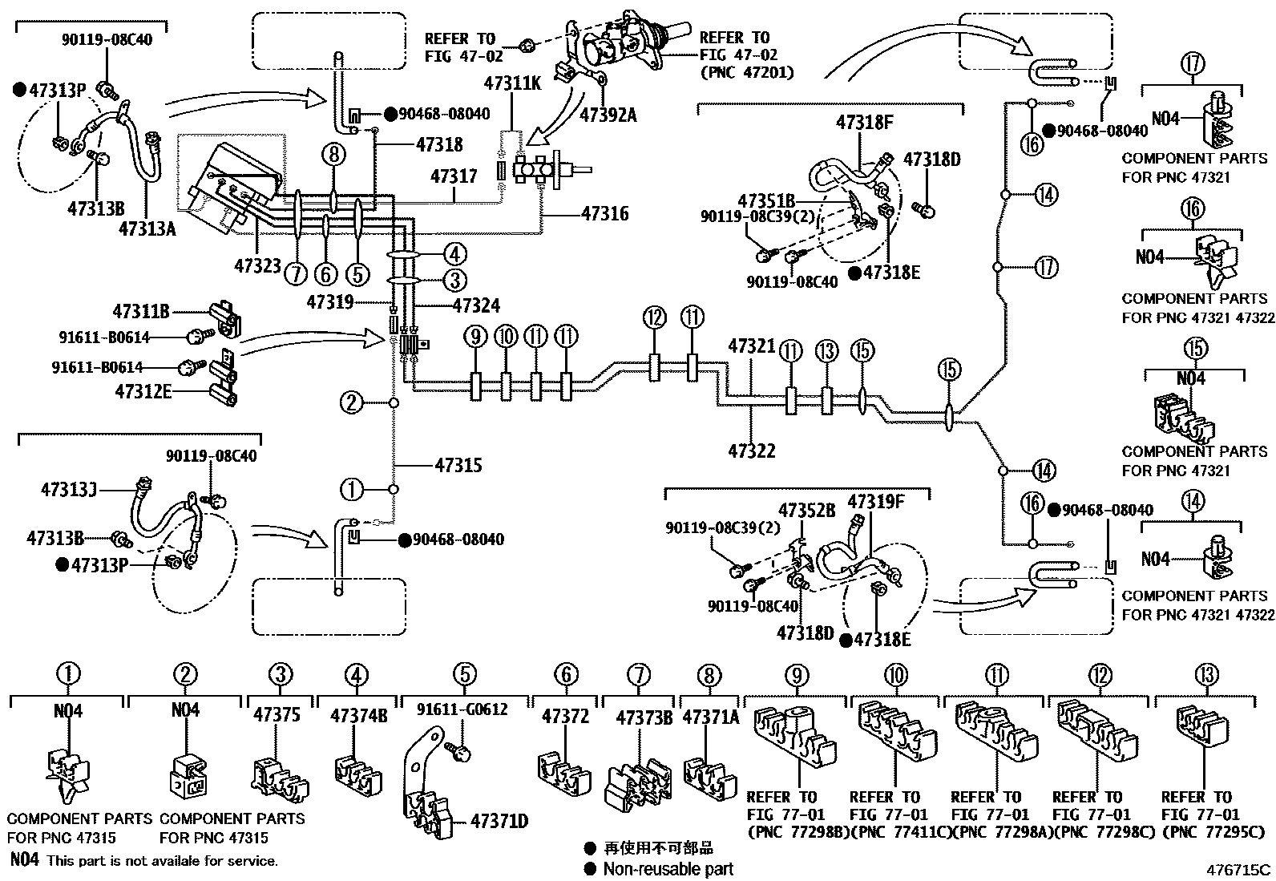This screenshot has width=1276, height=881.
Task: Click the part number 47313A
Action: (x=146, y=228)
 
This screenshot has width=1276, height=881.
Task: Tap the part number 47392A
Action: (x=607, y=114)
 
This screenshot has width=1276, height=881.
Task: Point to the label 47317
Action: (x=454, y=176)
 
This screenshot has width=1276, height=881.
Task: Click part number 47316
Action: (x=605, y=214)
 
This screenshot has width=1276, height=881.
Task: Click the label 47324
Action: (x=476, y=305)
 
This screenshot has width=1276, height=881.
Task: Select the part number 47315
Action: (x=458, y=465)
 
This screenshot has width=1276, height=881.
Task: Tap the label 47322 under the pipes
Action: (x=752, y=451)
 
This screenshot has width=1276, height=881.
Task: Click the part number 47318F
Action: (x=864, y=123)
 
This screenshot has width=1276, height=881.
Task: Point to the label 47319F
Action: (x=876, y=503)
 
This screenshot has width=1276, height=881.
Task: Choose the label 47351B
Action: (x=766, y=200)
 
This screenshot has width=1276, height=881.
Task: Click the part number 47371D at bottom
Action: (x=499, y=821)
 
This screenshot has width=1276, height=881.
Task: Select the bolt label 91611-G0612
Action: (x=462, y=709)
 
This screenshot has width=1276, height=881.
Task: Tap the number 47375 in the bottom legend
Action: (x=277, y=714)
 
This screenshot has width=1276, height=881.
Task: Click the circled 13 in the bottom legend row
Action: (x=1206, y=675)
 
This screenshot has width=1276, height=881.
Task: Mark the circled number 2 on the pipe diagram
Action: (x=352, y=402)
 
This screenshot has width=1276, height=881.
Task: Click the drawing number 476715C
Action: (x=1241, y=869)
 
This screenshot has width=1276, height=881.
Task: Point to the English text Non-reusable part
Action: (x=668, y=868)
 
